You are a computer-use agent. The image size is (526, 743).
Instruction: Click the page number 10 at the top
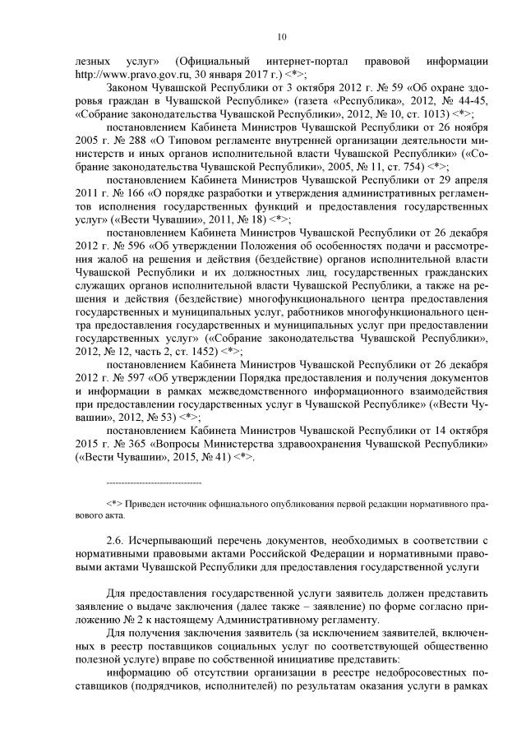pyautogui.click(x=282, y=36)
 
